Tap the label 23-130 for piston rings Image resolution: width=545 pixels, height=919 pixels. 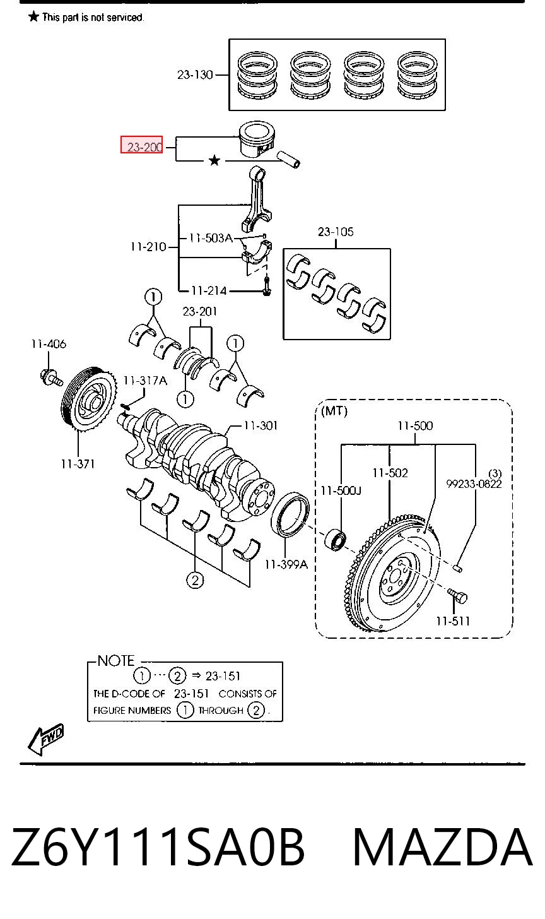coord(195,74)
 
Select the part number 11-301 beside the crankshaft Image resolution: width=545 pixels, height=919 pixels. coord(261,425)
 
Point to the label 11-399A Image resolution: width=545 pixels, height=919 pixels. coord(286,564)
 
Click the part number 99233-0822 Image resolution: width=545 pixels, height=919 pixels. coord(474,484)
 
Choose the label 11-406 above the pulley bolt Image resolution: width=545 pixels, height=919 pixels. coord(49,344)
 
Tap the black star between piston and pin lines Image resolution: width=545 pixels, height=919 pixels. coord(214,160)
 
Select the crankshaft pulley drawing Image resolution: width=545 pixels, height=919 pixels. coord(88,398)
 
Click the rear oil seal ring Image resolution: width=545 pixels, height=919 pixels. coord(290,515)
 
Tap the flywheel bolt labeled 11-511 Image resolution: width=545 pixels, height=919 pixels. coord(457,596)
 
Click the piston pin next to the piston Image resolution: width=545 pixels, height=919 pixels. coord(289,160)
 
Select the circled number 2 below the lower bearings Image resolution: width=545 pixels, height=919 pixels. coord(195,580)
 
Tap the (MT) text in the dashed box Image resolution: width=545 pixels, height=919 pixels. coord(334,411)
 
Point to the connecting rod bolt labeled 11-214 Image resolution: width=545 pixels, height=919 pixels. coord(266,286)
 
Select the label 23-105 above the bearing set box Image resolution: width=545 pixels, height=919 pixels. coord(336,232)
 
